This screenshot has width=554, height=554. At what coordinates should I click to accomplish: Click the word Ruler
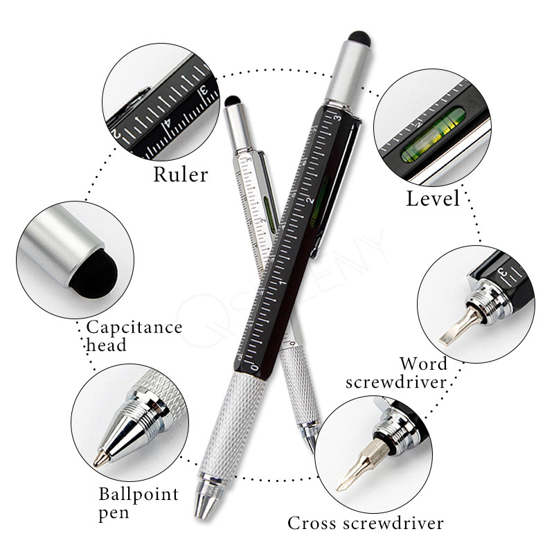180,173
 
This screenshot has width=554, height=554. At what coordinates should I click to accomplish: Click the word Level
432,199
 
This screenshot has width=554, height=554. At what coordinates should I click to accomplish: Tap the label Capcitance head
134,335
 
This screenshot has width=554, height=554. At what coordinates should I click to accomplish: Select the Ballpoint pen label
138,503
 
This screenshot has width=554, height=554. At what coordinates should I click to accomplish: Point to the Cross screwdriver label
366,521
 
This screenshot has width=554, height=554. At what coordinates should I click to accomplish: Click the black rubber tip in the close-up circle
92,272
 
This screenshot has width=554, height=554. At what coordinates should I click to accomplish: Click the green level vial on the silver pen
268,204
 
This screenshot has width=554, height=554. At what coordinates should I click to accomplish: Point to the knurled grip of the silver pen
299,388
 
